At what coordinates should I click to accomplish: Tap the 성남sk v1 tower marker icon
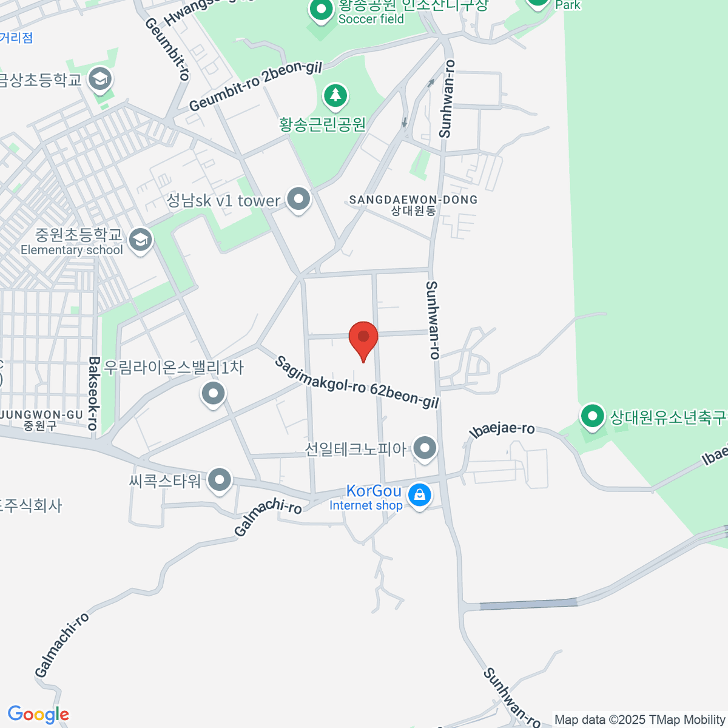pyautogui.click(x=298, y=199)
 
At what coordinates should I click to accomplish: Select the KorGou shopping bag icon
pyautogui.click(x=419, y=495)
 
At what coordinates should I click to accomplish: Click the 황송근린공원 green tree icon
pyautogui.click(x=335, y=95)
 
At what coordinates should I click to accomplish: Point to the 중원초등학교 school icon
pyautogui.click(x=141, y=240)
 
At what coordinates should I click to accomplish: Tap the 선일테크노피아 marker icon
pyautogui.click(x=425, y=448)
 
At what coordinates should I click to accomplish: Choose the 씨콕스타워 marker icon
pyautogui.click(x=220, y=480)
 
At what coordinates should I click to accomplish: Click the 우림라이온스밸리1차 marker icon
pyautogui.click(x=214, y=393)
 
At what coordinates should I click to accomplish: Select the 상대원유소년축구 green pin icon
pyautogui.click(x=592, y=417)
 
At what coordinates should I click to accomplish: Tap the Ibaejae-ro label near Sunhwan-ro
pyautogui.click(x=502, y=430)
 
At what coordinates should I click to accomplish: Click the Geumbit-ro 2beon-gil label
pyautogui.click(x=255, y=86)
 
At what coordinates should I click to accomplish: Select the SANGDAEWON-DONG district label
pyautogui.click(x=413, y=200)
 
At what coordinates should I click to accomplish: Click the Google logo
pyautogui.click(x=38, y=715)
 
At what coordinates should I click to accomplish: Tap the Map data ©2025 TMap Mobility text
pyautogui.click(x=639, y=720)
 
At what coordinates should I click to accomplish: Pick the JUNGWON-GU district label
pyautogui.click(x=41, y=416)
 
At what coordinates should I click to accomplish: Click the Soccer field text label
pyautogui.click(x=371, y=19)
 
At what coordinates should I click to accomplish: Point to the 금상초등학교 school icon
pyautogui.click(x=99, y=78)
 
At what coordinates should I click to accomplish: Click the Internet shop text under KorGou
pyautogui.click(x=366, y=505)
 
